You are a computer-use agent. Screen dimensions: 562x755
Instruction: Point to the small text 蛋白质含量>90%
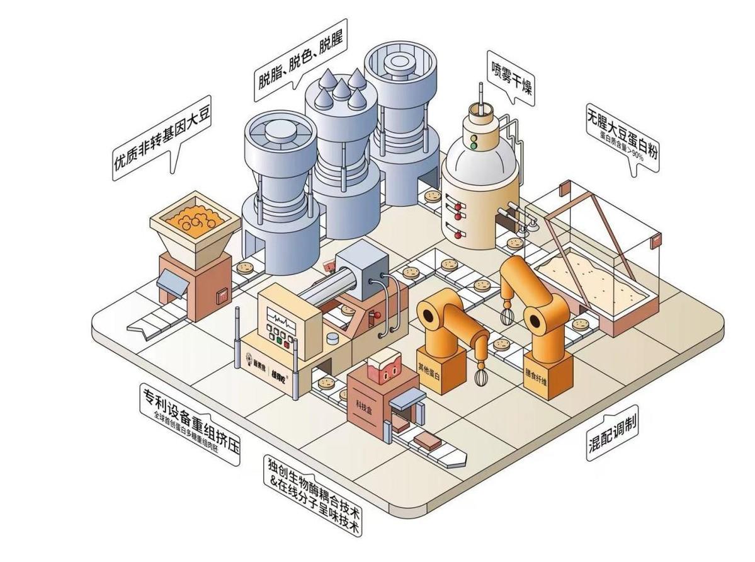coord(622,146)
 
